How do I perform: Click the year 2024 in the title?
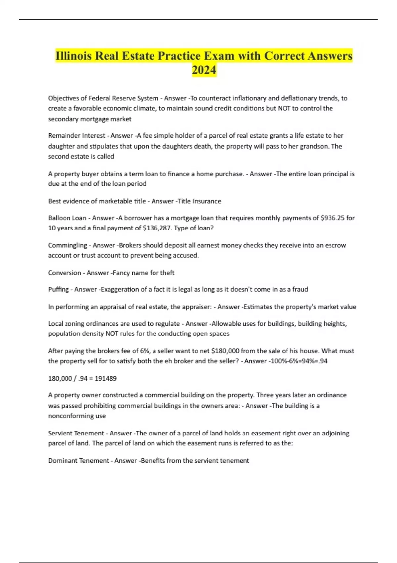204,70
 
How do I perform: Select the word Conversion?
65,273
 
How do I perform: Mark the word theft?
167,273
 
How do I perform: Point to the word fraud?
300,289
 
